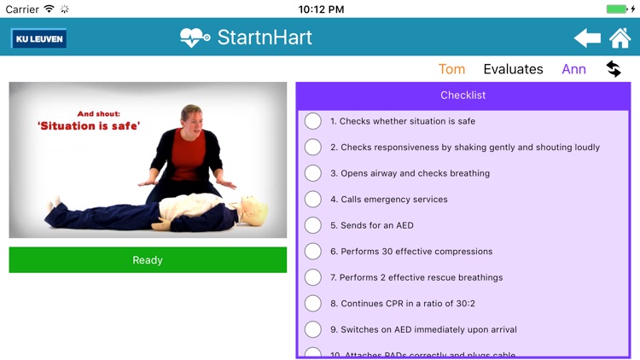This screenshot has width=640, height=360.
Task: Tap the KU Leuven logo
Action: [38, 38]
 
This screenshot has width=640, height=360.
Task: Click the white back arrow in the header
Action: [587, 38]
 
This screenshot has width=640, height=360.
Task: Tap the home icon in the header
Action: [620, 38]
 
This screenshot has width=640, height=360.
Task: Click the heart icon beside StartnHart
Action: [195, 38]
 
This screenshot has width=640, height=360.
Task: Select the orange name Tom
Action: [451, 69]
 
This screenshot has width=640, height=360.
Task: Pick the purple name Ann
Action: [573, 69]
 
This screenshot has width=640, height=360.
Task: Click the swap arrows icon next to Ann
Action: [614, 69]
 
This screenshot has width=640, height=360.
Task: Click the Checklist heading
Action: [463, 95]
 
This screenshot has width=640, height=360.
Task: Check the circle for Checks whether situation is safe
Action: [313, 121]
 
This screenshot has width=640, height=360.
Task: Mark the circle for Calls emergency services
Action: [313, 200]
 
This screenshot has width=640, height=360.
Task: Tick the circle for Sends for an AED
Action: [313, 225]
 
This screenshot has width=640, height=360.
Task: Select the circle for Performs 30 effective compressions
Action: [313, 252]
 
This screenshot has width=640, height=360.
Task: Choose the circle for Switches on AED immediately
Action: [313, 329]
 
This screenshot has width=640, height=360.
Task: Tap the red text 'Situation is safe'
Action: [89, 125]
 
